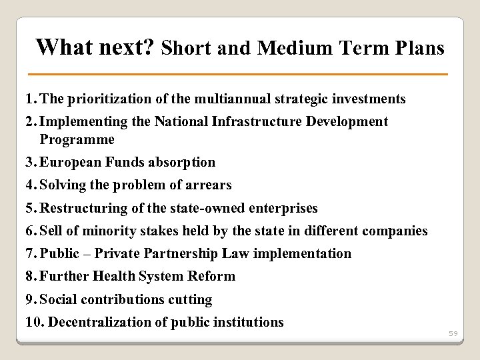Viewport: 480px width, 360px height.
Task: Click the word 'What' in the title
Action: pyautogui.click(x=61, y=47)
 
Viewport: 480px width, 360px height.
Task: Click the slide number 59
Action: pyautogui.click(x=453, y=333)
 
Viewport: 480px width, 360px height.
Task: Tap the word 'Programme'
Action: pyautogui.click(x=77, y=140)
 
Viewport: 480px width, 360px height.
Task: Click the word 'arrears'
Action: pyautogui.click(x=207, y=185)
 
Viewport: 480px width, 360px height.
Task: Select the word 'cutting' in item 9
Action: pyautogui.click(x=189, y=299)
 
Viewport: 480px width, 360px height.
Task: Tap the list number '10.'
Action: pyautogui.click(x=35, y=322)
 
